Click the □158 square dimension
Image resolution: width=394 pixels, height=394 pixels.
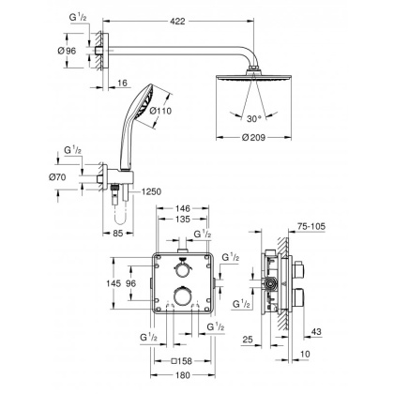click(186, 360)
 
